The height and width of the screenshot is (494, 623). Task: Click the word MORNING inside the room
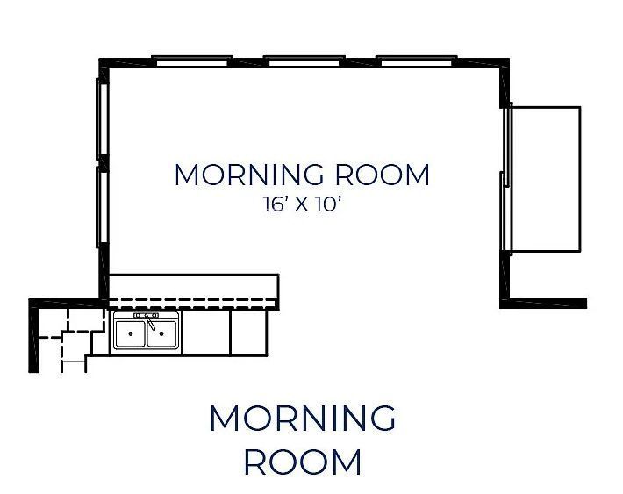[247, 175]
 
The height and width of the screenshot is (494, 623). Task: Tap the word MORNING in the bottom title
[302, 419]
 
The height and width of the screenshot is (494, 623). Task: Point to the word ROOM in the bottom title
[302, 462]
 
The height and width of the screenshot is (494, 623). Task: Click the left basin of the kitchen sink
[132, 334]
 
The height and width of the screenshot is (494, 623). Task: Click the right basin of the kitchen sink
[164, 334]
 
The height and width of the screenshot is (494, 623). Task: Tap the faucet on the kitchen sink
[148, 321]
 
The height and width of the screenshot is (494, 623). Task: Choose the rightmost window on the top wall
[417, 61]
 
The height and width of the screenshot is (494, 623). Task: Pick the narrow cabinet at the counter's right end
[248, 333]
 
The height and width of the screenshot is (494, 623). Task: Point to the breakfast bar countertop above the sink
[193, 286]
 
